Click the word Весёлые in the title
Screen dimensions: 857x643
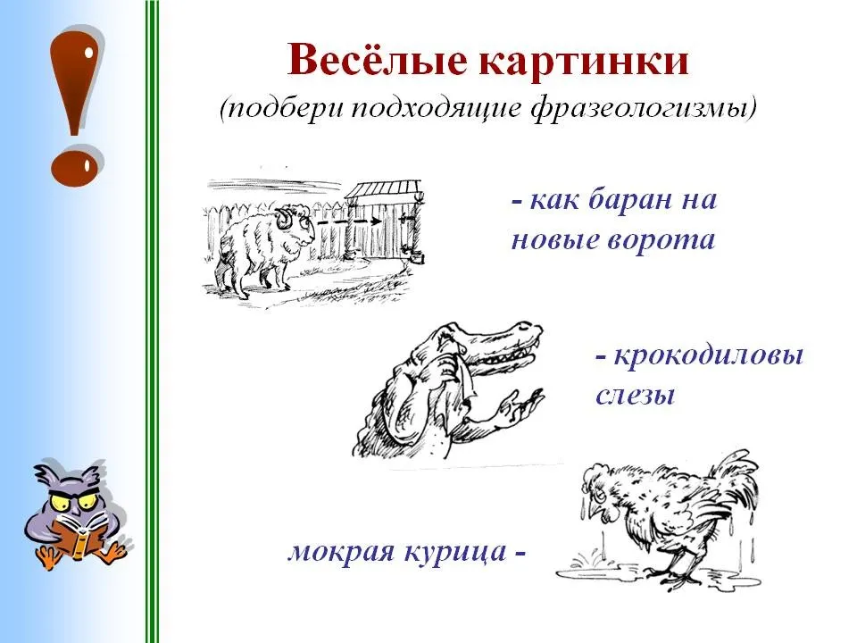click(x=377, y=59)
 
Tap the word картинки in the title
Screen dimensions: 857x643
click(x=584, y=60)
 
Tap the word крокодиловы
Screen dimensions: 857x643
click(x=709, y=356)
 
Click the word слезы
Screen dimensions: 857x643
click(x=635, y=395)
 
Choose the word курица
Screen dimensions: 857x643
click(x=455, y=551)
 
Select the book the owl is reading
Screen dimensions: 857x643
click(x=79, y=534)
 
